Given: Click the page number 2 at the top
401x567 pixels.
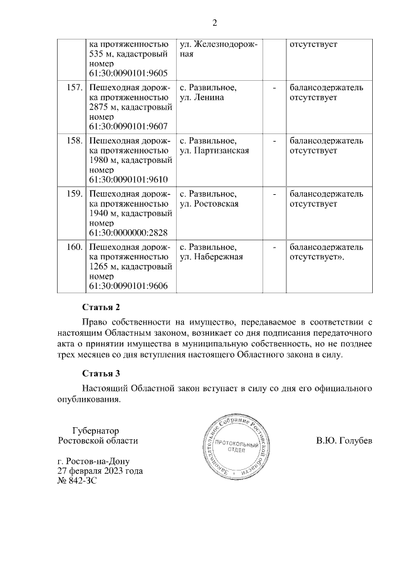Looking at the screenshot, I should pos(214,24).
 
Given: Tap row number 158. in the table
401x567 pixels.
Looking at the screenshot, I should pos(75,140).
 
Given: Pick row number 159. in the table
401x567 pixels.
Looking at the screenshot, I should pos(75,194).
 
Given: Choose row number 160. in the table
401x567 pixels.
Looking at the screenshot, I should pos(75,246).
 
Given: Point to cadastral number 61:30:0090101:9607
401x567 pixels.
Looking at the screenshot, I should pos(128,127).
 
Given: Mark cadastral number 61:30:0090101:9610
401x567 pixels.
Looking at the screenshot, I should pos(128,179).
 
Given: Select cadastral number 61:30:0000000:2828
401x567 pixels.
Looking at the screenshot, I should pos(128,232).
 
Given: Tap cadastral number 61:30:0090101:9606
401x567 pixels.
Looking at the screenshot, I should pos(128,286).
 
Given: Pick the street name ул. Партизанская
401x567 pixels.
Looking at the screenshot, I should pos(214,150).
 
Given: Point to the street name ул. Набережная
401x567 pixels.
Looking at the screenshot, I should pos(211,256).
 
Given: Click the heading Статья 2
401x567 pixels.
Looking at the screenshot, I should pos(101,307).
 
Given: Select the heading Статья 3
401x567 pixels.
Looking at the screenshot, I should pos(101,375).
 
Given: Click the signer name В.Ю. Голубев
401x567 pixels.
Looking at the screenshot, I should pos(344,440).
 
